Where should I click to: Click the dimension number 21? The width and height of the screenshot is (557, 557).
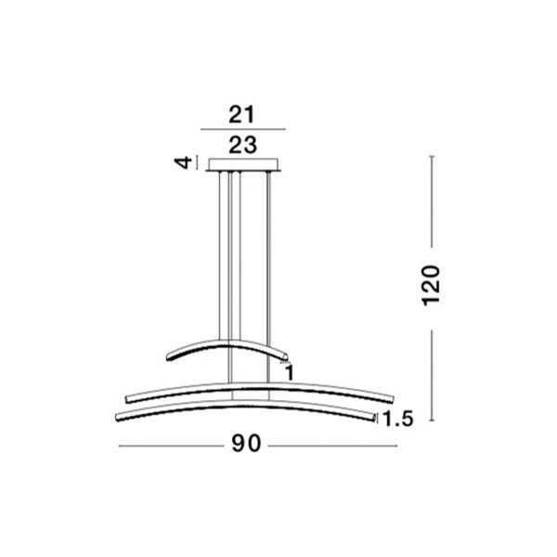click(x=241, y=115)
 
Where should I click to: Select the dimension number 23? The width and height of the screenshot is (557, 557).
click(x=243, y=145)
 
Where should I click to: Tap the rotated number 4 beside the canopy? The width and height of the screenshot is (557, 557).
click(x=183, y=163)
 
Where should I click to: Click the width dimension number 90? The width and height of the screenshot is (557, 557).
click(x=246, y=444)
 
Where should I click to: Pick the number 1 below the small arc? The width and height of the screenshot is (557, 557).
click(x=290, y=372)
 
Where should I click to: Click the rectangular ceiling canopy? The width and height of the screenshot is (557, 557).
click(x=243, y=165)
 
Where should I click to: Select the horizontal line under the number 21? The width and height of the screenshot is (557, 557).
click(x=243, y=129)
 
